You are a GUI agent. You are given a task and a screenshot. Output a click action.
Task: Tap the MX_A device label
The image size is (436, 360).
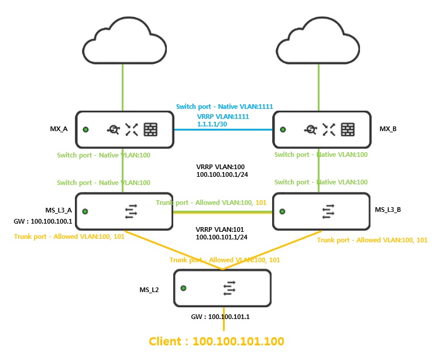[61, 128]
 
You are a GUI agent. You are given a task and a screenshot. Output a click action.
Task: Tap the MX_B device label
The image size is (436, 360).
[389, 128]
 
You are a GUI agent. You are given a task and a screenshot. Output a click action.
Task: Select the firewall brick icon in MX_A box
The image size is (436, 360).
[151, 129]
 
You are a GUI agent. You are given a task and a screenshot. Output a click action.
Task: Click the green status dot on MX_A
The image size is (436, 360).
[86, 129]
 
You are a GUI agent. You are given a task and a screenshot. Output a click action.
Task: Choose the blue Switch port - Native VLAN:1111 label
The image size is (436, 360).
[225, 107]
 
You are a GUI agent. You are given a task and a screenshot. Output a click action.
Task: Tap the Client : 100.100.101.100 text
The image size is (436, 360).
[217, 341]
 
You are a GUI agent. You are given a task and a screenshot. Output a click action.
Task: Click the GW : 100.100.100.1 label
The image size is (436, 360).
[42, 222]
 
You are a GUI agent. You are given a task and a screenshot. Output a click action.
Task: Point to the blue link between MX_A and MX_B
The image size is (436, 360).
[224, 130]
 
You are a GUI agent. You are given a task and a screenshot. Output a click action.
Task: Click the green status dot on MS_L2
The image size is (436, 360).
[184, 288]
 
